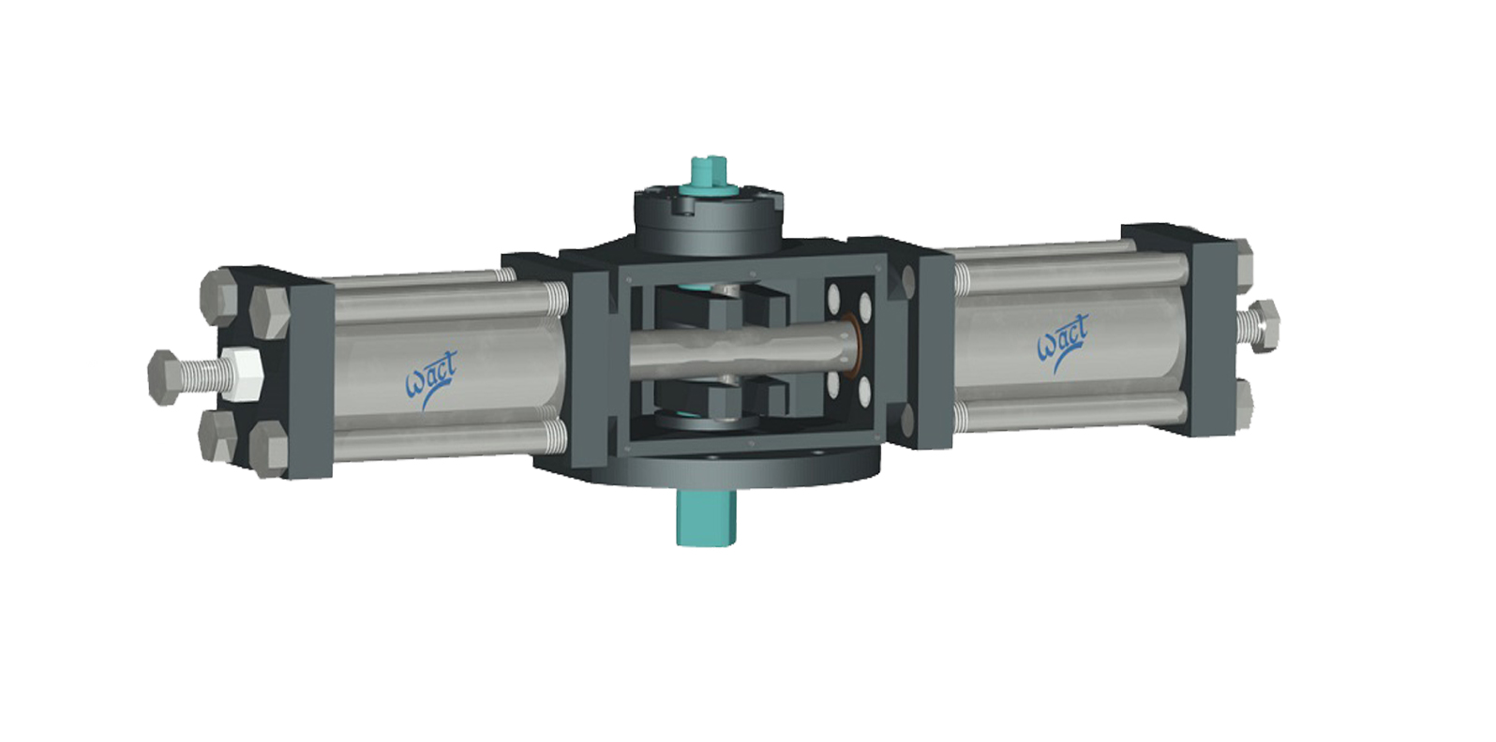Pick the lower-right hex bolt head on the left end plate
[x=270, y=446]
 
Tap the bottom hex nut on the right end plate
[x=1245, y=403]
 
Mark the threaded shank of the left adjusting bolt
[x=202, y=372]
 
